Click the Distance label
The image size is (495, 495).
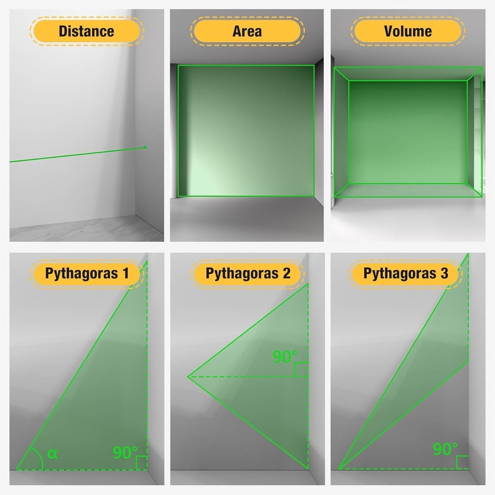(x=87, y=31)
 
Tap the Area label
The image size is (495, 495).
(x=247, y=31)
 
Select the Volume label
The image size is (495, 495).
(x=408, y=31)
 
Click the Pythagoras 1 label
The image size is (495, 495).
(x=87, y=273)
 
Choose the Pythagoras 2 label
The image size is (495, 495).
(x=248, y=273)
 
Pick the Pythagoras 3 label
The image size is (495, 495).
(x=406, y=273)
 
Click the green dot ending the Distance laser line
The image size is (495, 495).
(x=145, y=147)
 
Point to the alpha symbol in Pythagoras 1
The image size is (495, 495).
(x=52, y=454)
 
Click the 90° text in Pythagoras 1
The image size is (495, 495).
(x=125, y=452)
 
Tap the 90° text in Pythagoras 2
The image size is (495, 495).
(x=285, y=357)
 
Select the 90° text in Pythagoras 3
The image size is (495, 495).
(x=445, y=449)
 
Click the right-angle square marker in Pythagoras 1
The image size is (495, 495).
(x=142, y=463)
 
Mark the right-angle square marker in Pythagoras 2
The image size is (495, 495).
(x=301, y=369)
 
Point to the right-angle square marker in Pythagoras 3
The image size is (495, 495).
(x=462, y=462)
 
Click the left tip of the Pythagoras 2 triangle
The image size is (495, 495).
(x=188, y=377)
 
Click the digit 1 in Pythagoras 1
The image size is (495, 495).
(x=126, y=273)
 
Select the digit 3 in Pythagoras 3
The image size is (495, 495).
(x=445, y=273)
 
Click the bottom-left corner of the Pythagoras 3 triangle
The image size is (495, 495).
(x=339, y=469)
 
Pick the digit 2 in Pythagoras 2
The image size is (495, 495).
(x=287, y=273)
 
